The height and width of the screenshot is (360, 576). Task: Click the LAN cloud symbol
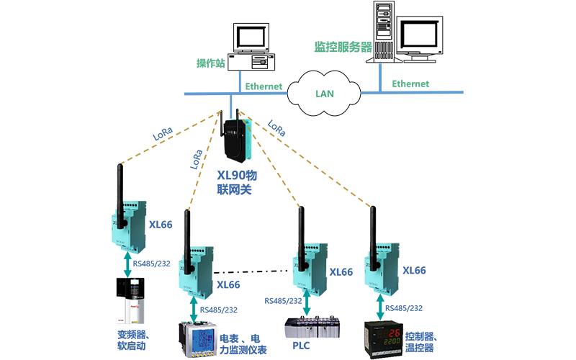[x=325, y=93]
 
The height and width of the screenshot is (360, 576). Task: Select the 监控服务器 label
[x=343, y=47]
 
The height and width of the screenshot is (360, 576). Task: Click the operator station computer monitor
[x=251, y=40]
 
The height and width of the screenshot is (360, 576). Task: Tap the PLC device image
[x=307, y=329]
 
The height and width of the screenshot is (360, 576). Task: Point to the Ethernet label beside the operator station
[x=264, y=86]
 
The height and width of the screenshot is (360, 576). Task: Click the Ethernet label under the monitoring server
[x=410, y=84]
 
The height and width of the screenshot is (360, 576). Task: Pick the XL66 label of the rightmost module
[x=415, y=271]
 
